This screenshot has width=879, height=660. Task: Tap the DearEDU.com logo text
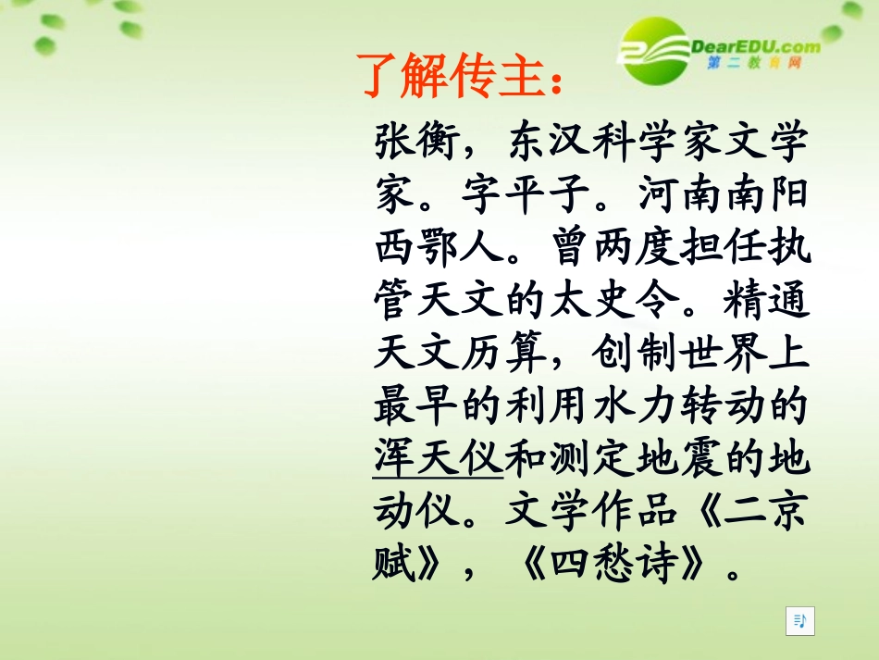[754, 46]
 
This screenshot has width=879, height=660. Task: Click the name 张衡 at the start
[417, 143]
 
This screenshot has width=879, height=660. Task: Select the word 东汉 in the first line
[551, 143]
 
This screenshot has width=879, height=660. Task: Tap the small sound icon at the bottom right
[800, 621]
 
